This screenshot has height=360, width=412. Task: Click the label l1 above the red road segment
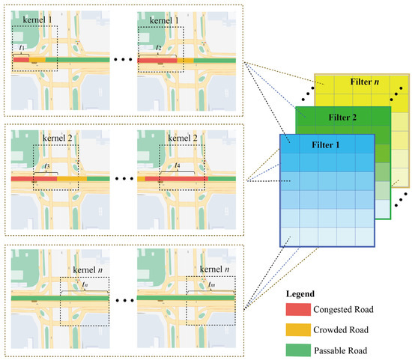[21, 47]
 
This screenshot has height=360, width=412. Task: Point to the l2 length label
[159, 47]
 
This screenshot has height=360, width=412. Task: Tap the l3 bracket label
[46, 165]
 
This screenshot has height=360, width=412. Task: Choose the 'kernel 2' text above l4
[184, 140]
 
